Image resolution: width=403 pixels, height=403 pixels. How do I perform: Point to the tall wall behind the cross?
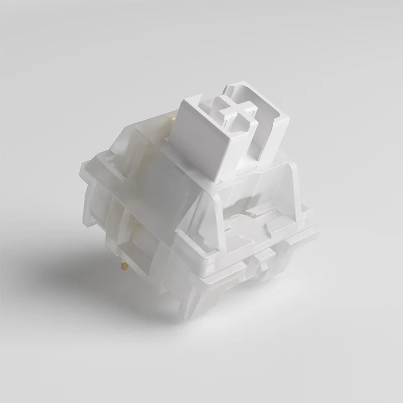[252, 98]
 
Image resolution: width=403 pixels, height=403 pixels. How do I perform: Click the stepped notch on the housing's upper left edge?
[116, 151]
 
